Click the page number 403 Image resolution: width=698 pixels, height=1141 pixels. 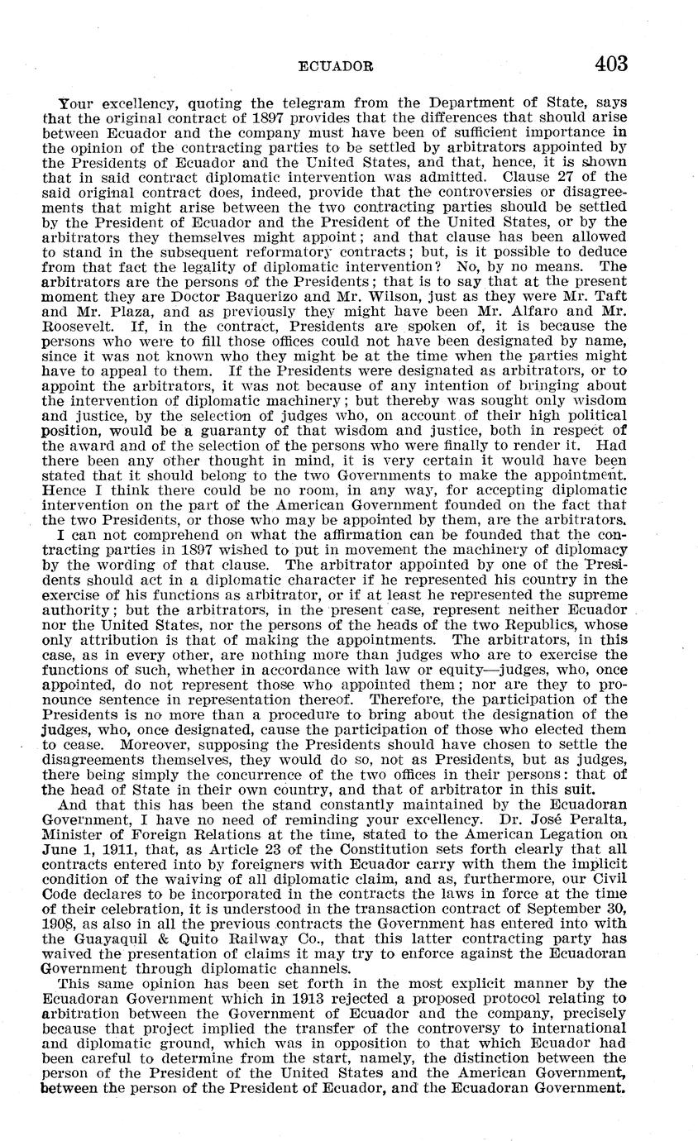tap(610, 64)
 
